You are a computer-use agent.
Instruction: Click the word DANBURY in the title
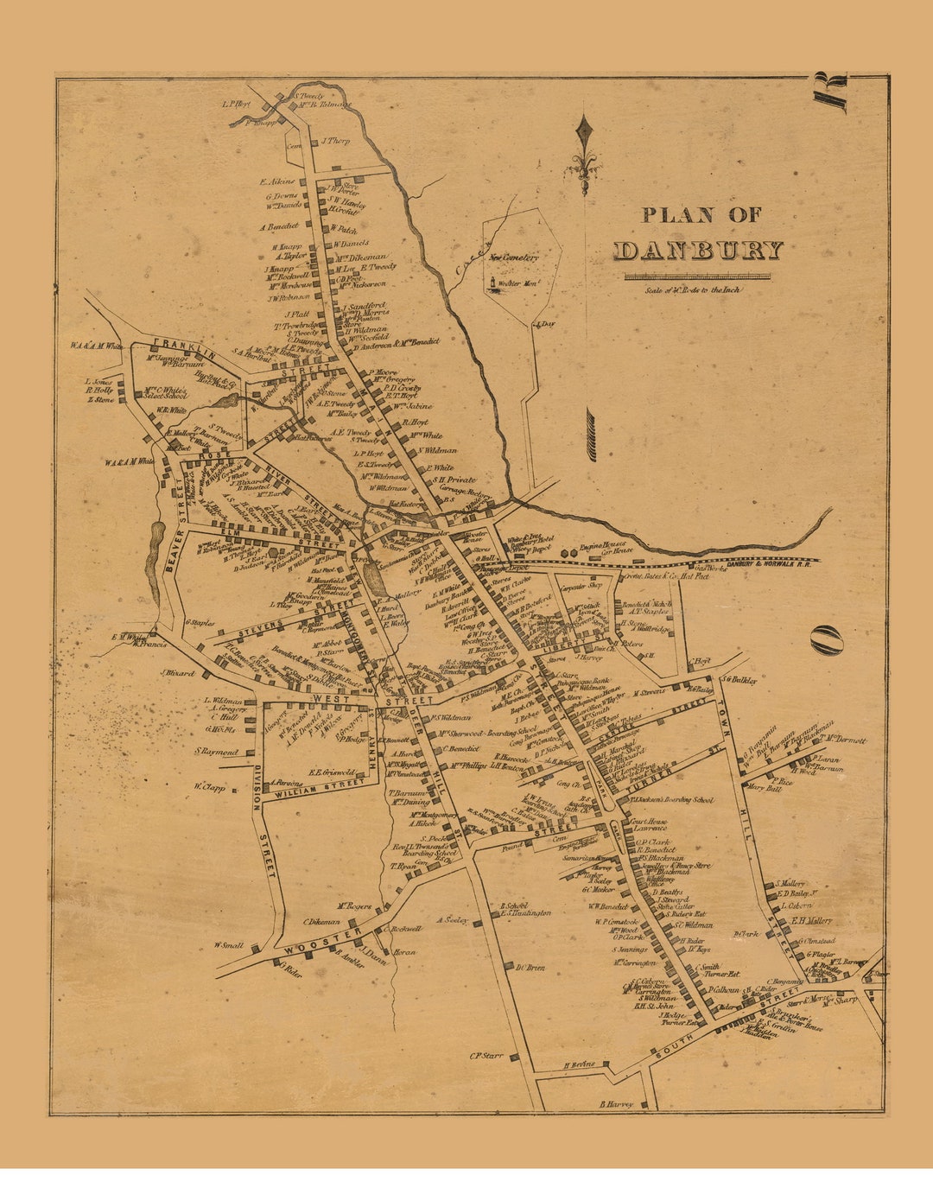pyautogui.click(x=698, y=251)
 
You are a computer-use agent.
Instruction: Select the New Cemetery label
pyautogui.click(x=514, y=257)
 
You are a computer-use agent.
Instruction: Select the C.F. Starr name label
pyautogui.click(x=486, y=1055)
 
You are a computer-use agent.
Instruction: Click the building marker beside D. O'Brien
pyautogui.click(x=510, y=966)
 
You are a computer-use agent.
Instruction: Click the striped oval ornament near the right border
pyautogui.click(x=827, y=639)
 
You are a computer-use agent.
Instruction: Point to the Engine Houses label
pyautogui.click(x=606, y=547)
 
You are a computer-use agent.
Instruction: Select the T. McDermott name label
pyautogui.click(x=845, y=739)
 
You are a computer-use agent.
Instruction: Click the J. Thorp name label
pyautogui.click(x=335, y=141)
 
